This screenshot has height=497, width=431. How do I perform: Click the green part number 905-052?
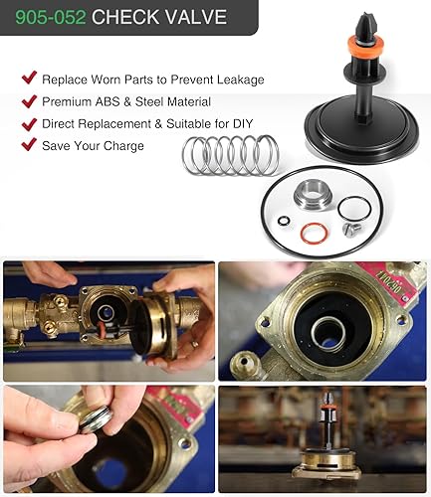pos(51,17)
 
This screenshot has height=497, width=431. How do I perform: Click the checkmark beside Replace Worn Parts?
pos(29,78)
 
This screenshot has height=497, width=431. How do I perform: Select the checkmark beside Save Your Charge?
pos(29,144)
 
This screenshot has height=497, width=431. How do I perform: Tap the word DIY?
pos(243,124)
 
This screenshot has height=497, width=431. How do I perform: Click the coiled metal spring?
pos(231,155)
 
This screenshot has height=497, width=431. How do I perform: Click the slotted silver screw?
pos(351,230)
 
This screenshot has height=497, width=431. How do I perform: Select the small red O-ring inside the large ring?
pos(313,234)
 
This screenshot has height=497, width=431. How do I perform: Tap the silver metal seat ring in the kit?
pos(311,195)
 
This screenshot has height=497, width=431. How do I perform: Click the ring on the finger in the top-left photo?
pos(195,344)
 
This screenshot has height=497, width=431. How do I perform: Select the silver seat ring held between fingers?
pos(97,418)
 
